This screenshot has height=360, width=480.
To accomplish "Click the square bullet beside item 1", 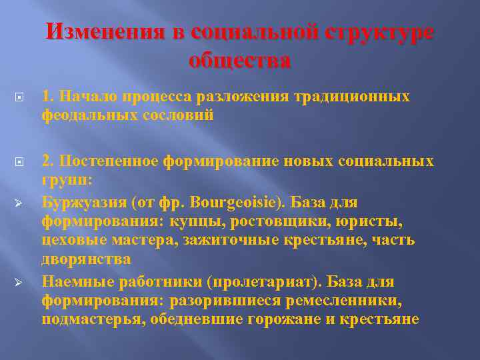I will tap(20, 97).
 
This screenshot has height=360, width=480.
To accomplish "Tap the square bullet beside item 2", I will tap(20, 162).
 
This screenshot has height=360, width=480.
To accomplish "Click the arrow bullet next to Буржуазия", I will tap(20, 202).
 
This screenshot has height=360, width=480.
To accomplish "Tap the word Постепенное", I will tap(99, 161).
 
